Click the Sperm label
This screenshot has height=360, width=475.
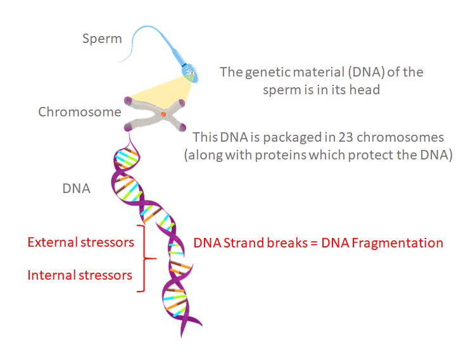tap(102, 39)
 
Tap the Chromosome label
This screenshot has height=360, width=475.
tap(79, 112)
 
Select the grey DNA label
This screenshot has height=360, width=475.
tap(76, 189)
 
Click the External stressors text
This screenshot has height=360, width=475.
tap(80, 242)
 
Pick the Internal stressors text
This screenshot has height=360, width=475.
tap(80, 275)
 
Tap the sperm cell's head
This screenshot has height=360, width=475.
tap(191, 72)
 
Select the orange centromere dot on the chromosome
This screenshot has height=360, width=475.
tap(163, 114)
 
